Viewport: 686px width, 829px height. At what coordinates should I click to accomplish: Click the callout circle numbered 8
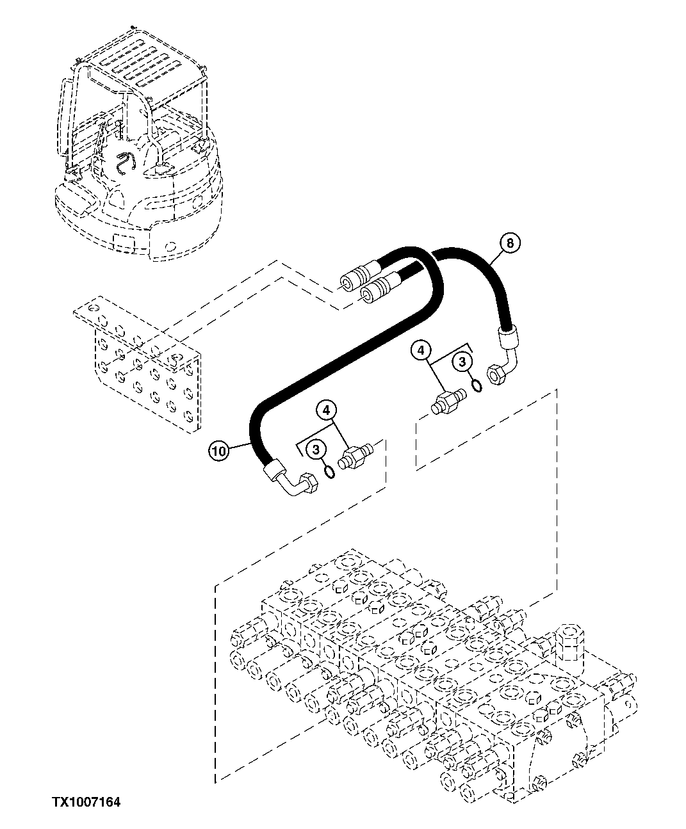click(509, 243)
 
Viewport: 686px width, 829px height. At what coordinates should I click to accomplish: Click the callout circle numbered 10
click(218, 451)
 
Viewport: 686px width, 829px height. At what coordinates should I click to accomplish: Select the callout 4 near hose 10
click(327, 408)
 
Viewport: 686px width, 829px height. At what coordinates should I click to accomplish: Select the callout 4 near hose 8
click(421, 350)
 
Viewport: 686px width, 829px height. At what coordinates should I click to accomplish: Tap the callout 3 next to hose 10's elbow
click(316, 451)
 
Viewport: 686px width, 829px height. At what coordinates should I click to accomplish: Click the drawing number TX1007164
click(86, 801)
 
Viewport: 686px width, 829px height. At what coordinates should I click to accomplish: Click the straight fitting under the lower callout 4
click(355, 458)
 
